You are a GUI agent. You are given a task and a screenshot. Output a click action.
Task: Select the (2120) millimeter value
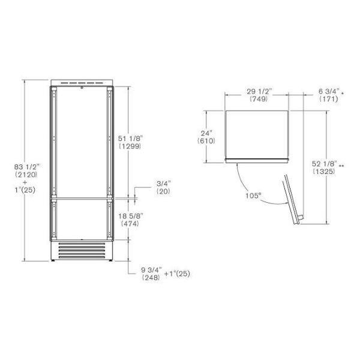tap(26, 175)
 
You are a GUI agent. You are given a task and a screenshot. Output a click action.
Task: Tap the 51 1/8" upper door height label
tap(131, 139)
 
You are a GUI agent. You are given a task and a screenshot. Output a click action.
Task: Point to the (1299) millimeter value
tap(130, 146)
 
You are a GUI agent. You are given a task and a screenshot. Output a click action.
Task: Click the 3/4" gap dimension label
tap(164, 184)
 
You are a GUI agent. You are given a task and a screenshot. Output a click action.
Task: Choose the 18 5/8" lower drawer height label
tap(131, 216)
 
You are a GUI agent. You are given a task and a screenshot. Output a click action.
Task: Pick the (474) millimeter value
tap(130, 223)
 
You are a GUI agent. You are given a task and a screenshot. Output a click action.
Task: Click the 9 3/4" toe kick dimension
tap(152, 270)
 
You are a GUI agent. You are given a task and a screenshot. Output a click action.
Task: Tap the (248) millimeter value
tap(151, 278)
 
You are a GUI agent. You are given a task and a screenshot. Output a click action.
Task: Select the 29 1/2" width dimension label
tap(259, 91)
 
